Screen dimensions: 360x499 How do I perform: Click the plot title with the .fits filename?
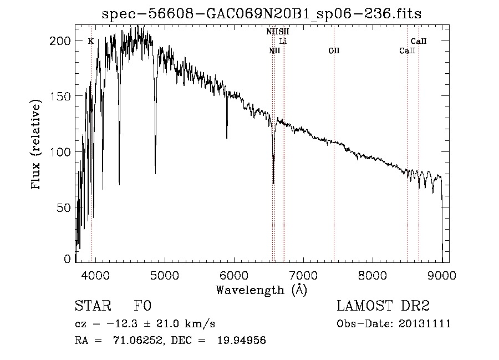pyautogui.click(x=262, y=14)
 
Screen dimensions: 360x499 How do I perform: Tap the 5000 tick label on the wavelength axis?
pyautogui.click(x=164, y=274)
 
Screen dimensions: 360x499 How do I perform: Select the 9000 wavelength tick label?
pyautogui.click(x=442, y=274)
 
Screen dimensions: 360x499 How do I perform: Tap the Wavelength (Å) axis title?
pyautogui.click(x=261, y=290)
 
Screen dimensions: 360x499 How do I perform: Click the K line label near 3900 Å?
pyautogui.click(x=90, y=41)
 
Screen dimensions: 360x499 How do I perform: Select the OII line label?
pyautogui.click(x=333, y=51)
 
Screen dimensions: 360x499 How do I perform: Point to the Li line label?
pyautogui.click(x=283, y=41)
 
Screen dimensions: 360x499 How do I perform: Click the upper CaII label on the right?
pyautogui.click(x=418, y=41)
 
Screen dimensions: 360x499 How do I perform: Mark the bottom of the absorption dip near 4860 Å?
pyautogui.click(x=155, y=173)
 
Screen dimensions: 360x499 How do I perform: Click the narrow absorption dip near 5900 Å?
pyautogui.click(x=227, y=138)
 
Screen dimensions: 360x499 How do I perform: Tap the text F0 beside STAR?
pyautogui.click(x=142, y=306)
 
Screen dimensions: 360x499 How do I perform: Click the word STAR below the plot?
pyautogui.click(x=91, y=306)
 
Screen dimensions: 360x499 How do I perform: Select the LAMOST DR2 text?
pyautogui.click(x=383, y=306)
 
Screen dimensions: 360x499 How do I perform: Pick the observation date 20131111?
pyautogui.click(x=425, y=324)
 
